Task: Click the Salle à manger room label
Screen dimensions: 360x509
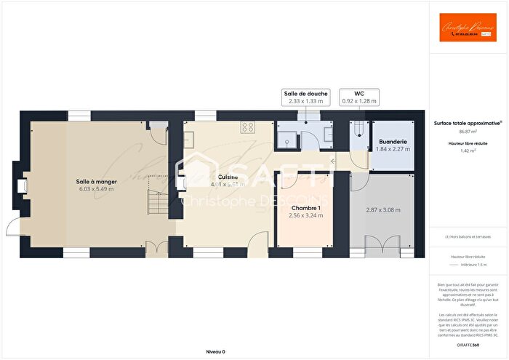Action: (x=96, y=181)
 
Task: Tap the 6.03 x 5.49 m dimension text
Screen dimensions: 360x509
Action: (x=96, y=190)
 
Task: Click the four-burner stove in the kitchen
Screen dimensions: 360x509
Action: (x=247, y=127)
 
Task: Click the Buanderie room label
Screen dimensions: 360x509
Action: (x=393, y=141)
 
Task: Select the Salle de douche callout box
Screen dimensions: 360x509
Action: (x=306, y=97)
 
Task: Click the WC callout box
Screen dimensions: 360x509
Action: (x=359, y=97)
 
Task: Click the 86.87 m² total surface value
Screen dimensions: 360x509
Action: (x=468, y=132)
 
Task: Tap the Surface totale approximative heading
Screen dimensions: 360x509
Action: (x=468, y=124)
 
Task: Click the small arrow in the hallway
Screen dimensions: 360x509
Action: (x=332, y=160)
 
